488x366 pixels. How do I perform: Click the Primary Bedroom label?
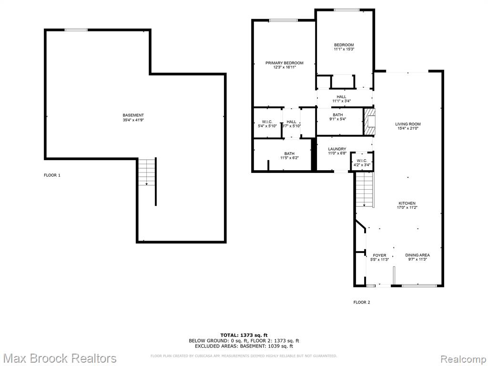click(x=284, y=65)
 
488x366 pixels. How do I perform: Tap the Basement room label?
click(x=133, y=117)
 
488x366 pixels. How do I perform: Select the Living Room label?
click(x=408, y=126)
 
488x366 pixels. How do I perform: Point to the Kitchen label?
click(x=407, y=205)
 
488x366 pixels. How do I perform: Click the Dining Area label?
click(x=417, y=257)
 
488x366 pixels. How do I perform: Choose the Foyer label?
click(x=379, y=257)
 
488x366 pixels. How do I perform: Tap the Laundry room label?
click(x=337, y=151)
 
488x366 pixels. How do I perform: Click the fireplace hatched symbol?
click(x=369, y=122)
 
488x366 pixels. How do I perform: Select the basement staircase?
click(x=147, y=172)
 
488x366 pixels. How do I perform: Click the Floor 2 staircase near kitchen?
click(x=365, y=189)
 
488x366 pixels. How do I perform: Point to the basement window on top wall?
click(x=76, y=30)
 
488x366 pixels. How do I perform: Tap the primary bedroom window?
click(x=283, y=20)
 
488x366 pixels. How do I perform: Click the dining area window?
click(x=419, y=285)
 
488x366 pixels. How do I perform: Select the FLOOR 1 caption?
click(x=52, y=175)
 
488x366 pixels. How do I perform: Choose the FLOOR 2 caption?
click(x=362, y=302)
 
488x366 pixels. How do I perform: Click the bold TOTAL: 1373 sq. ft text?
click(x=244, y=335)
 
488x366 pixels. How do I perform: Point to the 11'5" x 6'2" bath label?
click(x=289, y=156)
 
